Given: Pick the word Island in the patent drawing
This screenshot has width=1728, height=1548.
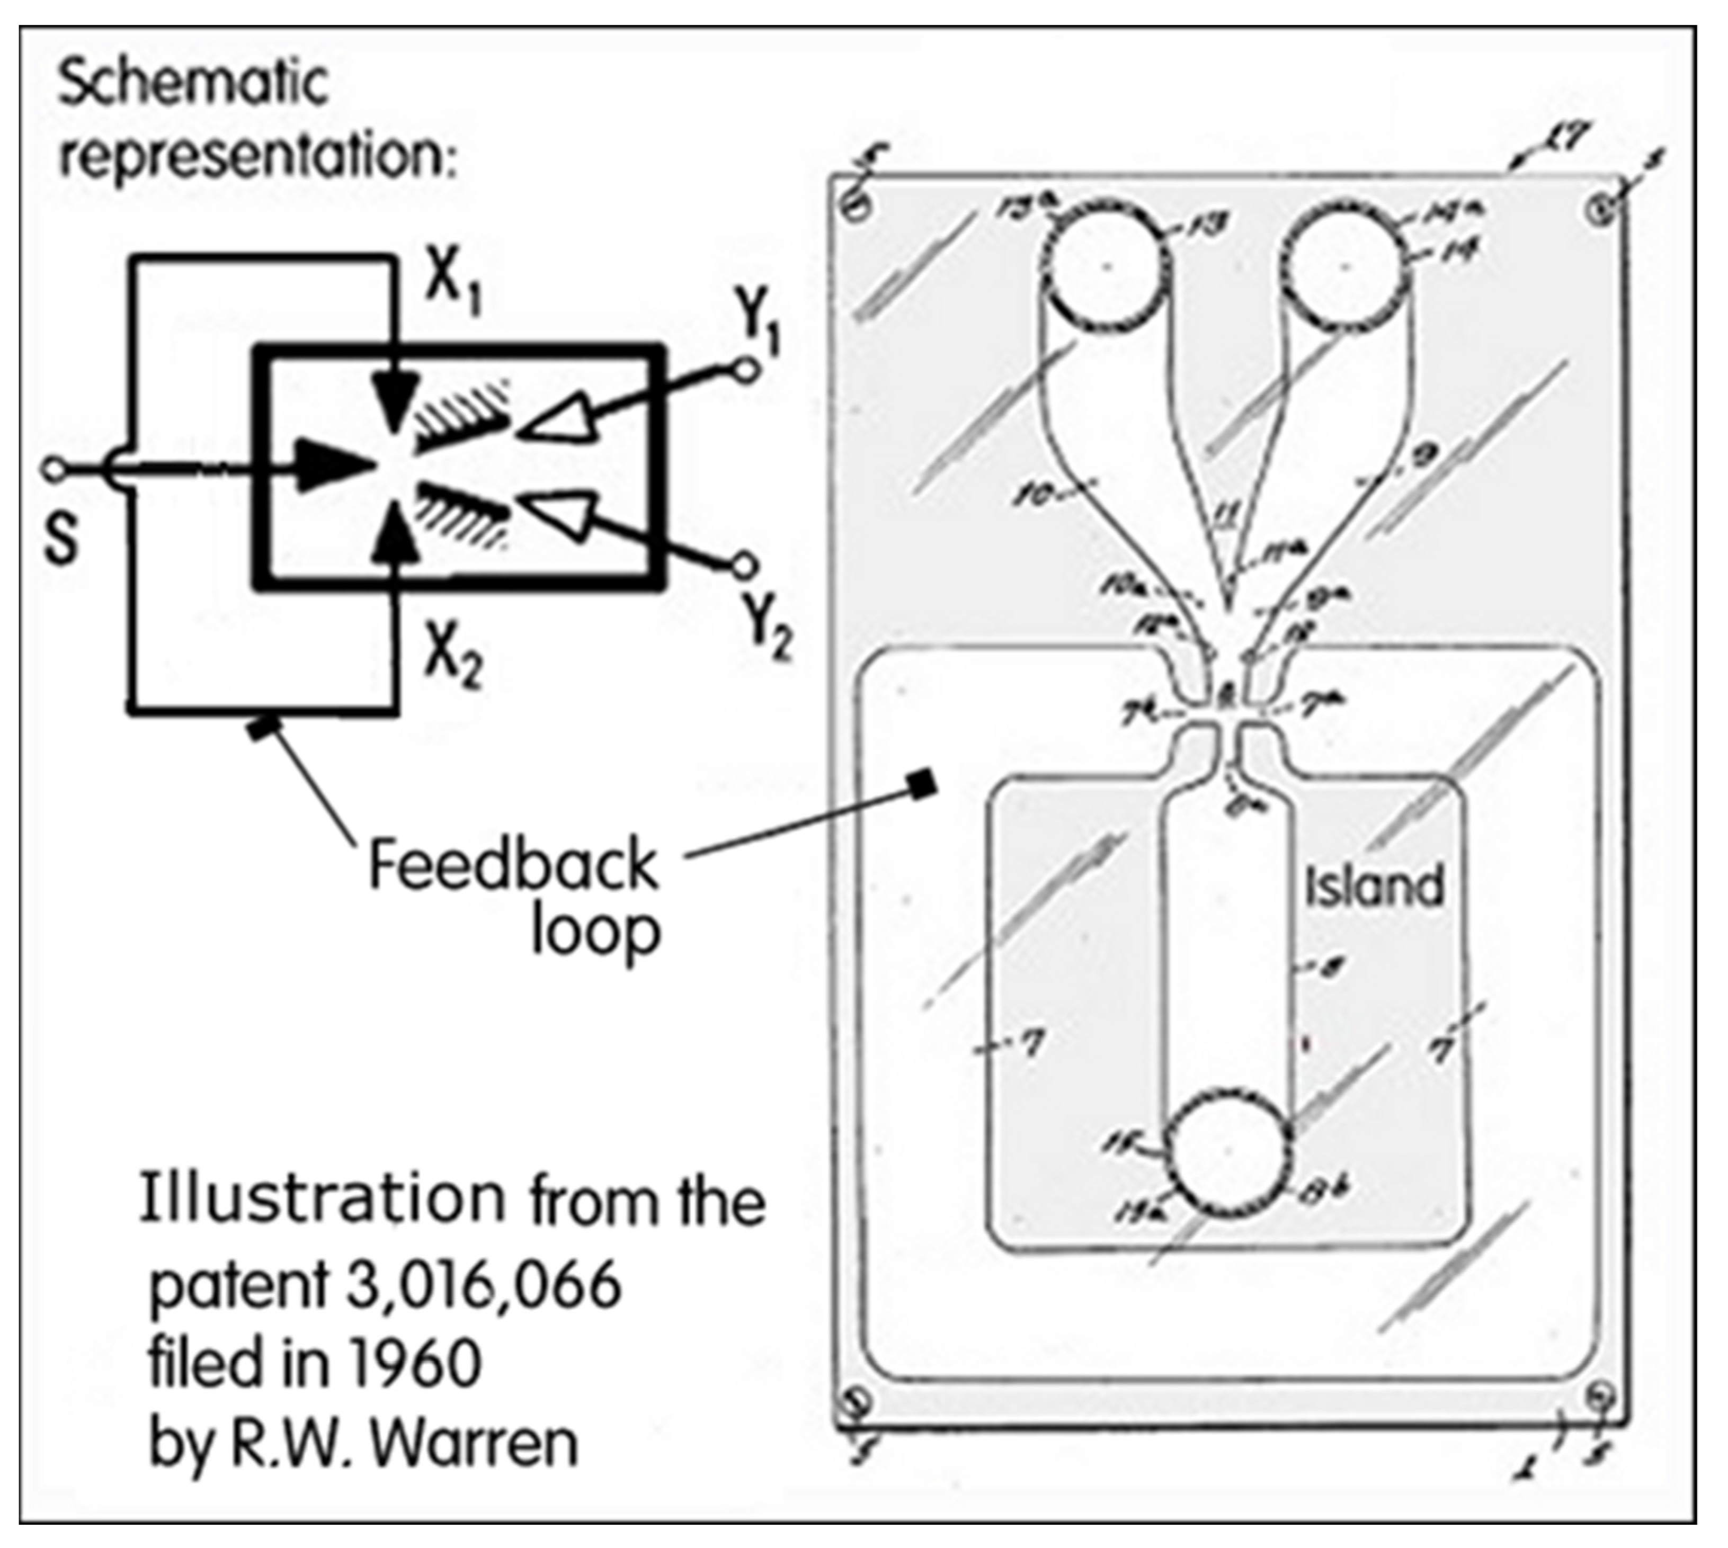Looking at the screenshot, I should pyautogui.click(x=1375, y=885).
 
